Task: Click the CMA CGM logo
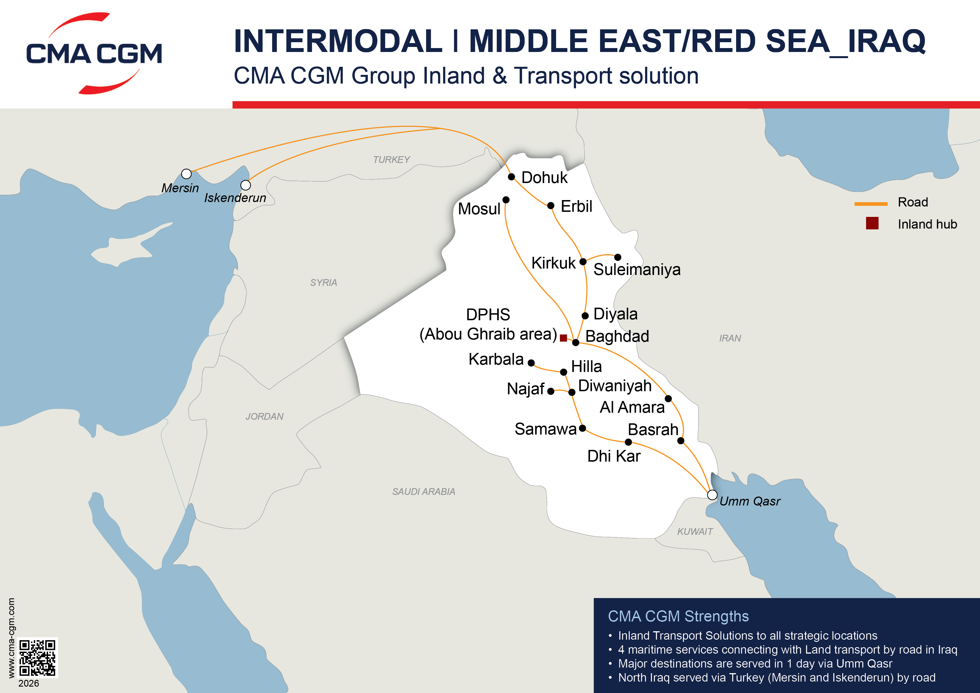94,53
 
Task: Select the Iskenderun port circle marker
246,185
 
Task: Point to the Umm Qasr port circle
712,495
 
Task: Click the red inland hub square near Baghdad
563,338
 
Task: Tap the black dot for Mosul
506,200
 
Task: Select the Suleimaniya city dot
618,257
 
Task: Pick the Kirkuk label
553,263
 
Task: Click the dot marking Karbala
531,363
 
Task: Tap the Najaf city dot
551,391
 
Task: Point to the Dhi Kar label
613,456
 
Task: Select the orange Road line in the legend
871,204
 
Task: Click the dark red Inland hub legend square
872,223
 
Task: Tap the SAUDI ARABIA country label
424,492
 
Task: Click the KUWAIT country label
695,531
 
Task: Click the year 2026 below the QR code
28,683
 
